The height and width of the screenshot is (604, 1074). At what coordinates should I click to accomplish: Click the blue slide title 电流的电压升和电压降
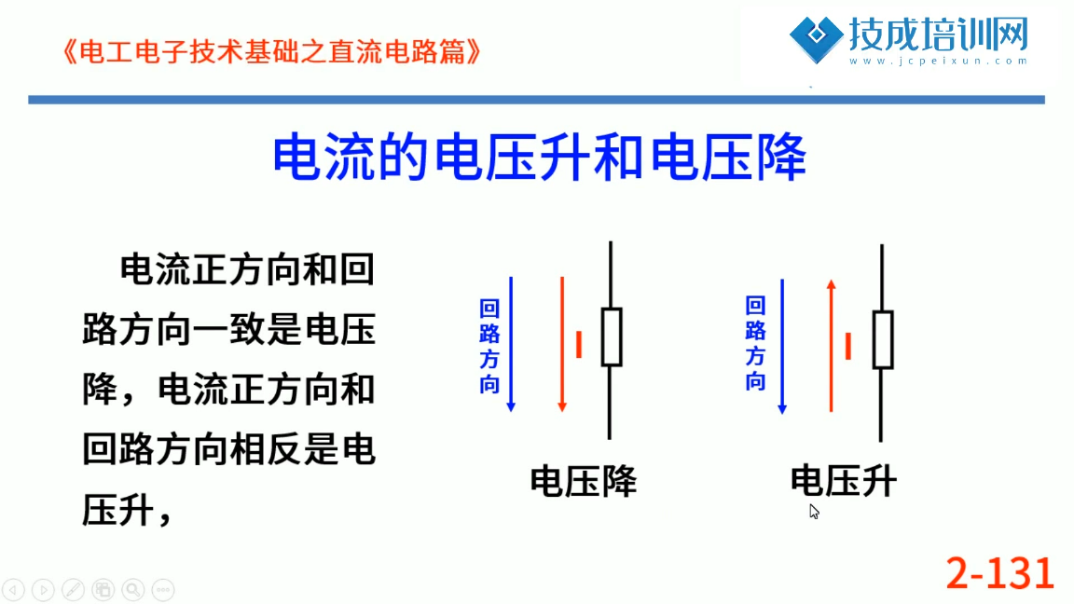539,158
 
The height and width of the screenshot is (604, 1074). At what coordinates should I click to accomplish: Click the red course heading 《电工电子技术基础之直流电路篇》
271,52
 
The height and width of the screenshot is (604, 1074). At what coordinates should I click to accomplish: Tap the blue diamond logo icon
816,40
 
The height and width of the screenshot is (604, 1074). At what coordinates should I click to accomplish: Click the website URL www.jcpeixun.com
939,61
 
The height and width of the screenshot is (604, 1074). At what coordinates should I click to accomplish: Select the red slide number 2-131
999,573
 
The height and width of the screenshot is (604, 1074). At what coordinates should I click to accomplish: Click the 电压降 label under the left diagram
584,481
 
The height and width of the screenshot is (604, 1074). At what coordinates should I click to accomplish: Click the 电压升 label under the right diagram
843,481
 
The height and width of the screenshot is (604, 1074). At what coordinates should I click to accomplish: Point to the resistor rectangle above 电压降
612,336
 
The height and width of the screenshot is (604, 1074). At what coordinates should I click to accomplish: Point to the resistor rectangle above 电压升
883,339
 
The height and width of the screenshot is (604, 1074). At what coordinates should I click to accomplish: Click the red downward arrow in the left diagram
562,345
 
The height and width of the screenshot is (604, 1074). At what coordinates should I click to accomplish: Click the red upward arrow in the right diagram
831,346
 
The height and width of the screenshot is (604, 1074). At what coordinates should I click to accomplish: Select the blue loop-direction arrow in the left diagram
511,345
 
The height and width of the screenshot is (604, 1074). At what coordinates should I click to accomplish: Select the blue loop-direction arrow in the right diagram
782,347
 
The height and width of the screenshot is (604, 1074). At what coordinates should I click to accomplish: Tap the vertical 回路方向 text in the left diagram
489,347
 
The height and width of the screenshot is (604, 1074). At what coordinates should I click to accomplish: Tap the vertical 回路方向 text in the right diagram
755,343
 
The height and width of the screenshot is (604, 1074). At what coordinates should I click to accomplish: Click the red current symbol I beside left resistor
579,345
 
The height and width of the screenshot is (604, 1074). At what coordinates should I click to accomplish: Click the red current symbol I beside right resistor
848,346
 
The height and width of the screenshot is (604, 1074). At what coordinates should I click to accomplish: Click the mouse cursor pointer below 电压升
814,512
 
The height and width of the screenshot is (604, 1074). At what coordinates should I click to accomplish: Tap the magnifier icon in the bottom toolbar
133,589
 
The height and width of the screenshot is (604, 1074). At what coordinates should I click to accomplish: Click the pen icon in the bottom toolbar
74,589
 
